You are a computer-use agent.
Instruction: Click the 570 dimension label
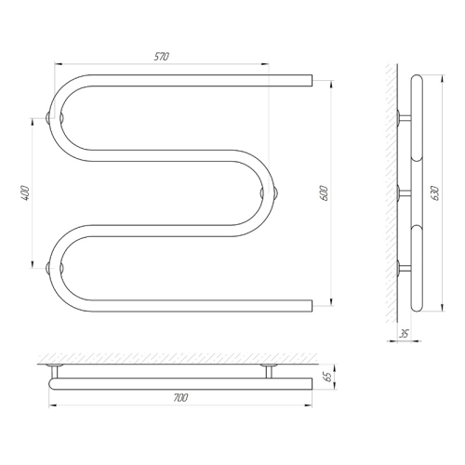[x=162, y=57]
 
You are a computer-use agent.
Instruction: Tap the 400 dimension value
[x=25, y=193]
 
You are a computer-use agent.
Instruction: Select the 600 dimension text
[x=325, y=193]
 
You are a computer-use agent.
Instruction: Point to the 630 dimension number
[x=436, y=193]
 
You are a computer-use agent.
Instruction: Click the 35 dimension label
[x=405, y=334]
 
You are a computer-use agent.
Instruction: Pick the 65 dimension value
[x=328, y=377]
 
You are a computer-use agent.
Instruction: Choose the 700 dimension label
[x=180, y=398]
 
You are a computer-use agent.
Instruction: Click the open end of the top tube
[x=312, y=80]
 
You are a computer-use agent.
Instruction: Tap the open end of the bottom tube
[x=312, y=306]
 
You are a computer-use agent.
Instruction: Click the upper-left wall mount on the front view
[x=54, y=118]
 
